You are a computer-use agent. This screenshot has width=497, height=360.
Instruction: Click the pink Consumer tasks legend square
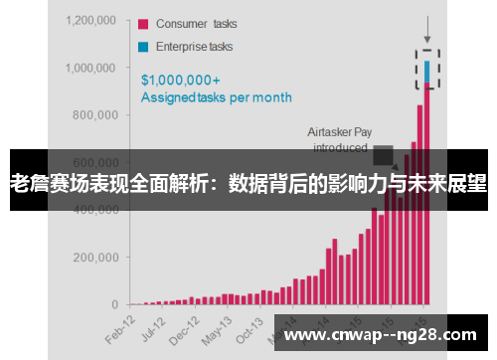tap(143, 24)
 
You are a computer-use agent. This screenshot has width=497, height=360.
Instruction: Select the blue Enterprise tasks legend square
tap(143, 46)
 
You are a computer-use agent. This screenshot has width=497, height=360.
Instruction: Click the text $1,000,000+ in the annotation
tap(181, 80)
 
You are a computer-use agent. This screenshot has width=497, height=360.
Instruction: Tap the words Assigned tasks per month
tap(216, 97)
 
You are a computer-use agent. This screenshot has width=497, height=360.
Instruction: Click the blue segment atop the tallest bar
tap(427, 73)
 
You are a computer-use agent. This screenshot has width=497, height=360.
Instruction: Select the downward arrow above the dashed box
tap(427, 28)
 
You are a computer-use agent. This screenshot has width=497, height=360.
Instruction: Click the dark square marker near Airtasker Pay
tap(383, 154)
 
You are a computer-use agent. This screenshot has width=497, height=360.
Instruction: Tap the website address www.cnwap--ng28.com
tap(384, 334)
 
